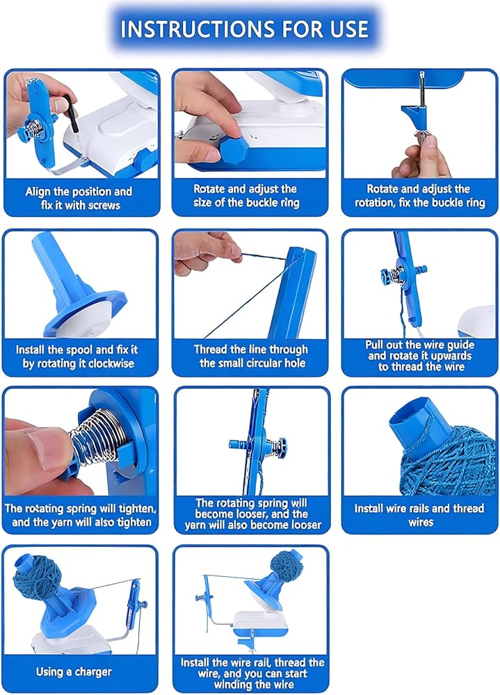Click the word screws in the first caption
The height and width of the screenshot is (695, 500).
[x=104, y=205]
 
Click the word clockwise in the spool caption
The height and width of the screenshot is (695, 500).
[x=111, y=363]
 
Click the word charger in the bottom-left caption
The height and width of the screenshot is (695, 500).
[x=94, y=672]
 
